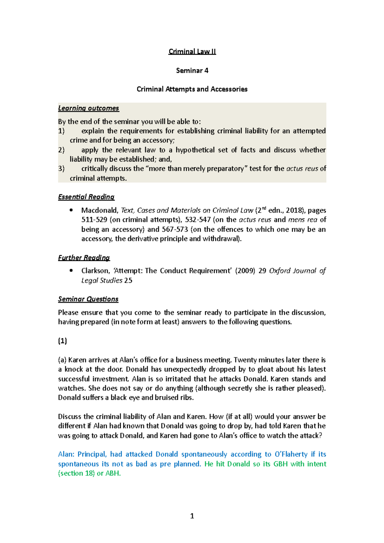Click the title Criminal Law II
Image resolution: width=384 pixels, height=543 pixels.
(192, 51)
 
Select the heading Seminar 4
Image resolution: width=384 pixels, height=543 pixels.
(192, 70)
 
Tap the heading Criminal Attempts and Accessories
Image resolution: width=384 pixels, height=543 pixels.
(192, 89)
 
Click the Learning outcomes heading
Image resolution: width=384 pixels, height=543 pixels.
(88, 108)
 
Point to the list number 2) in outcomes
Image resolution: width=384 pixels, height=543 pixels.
(61, 150)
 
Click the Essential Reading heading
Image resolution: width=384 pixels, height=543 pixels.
(86, 197)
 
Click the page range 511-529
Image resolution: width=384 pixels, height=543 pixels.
(94, 220)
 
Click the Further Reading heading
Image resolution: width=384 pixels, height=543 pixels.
(84, 258)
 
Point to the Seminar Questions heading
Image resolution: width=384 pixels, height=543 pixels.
(88, 299)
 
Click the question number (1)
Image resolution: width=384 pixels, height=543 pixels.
(62, 341)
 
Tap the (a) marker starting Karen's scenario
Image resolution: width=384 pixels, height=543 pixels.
(62, 360)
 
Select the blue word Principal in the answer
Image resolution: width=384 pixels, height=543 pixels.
(92, 454)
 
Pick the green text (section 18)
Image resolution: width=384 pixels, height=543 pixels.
(76, 473)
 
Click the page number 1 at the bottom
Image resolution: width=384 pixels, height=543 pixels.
(192, 516)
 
